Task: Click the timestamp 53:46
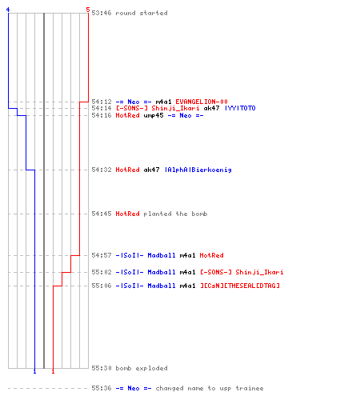(102, 13)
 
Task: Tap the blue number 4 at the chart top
(8, 10)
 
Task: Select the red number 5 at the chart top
(88, 10)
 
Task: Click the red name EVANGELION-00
(202, 102)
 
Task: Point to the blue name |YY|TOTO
(240, 108)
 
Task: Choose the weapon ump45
(154, 116)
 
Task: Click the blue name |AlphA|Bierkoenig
(198, 170)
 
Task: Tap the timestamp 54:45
(102, 214)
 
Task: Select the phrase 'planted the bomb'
(175, 214)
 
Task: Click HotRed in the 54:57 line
(211, 255)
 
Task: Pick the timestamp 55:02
(102, 272)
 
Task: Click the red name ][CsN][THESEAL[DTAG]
(240, 286)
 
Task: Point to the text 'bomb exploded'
(142, 368)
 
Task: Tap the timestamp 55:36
(102, 388)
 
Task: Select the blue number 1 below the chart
(34, 371)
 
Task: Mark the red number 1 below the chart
(53, 371)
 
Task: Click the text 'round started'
(142, 13)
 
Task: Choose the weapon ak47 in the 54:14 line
(211, 108)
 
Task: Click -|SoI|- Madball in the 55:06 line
(146, 286)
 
